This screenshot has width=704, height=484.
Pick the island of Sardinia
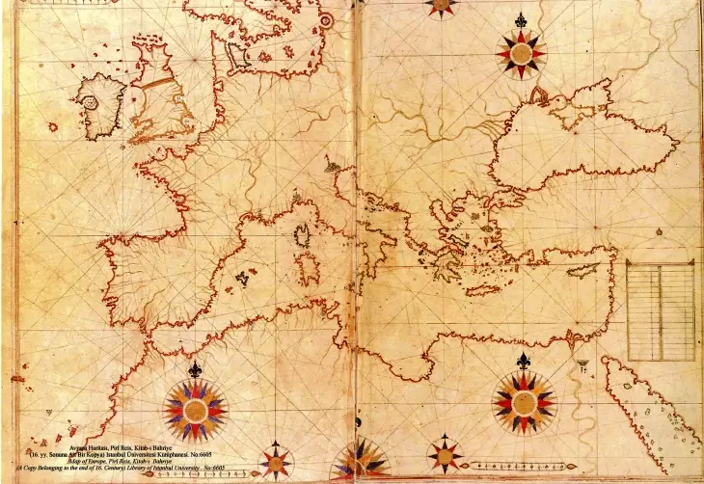[x=310, y=264]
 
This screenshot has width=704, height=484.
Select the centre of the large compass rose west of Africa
[x=195, y=409]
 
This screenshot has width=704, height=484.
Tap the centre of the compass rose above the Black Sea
[x=522, y=52]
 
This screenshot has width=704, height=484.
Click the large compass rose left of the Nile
[x=524, y=402]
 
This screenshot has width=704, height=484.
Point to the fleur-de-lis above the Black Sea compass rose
[x=522, y=20]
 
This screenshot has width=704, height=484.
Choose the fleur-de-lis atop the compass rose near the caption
[x=195, y=369]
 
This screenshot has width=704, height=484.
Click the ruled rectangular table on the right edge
[x=661, y=309]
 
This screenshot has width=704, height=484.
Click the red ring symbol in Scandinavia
[x=326, y=20]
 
